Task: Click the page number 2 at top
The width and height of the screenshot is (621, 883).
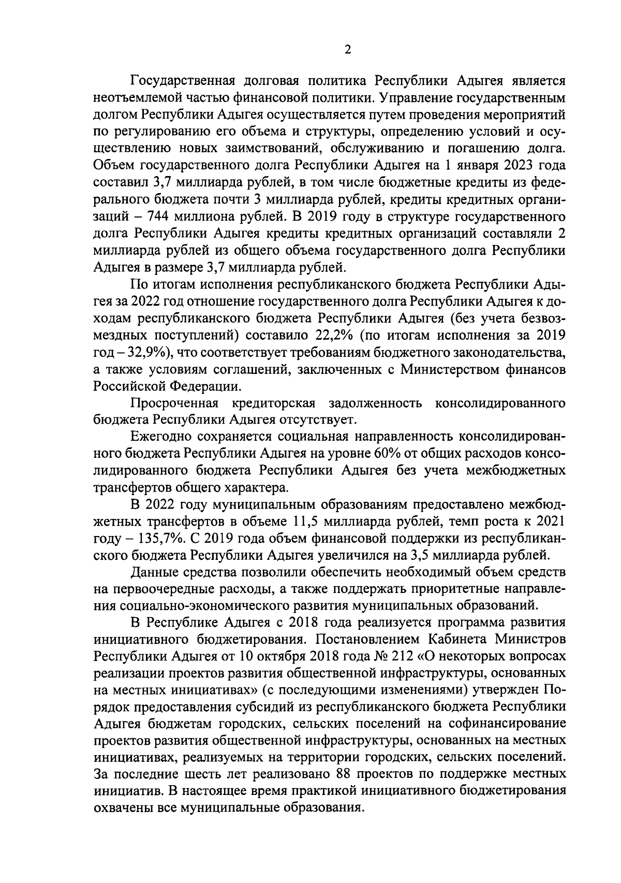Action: pyautogui.click(x=348, y=50)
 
